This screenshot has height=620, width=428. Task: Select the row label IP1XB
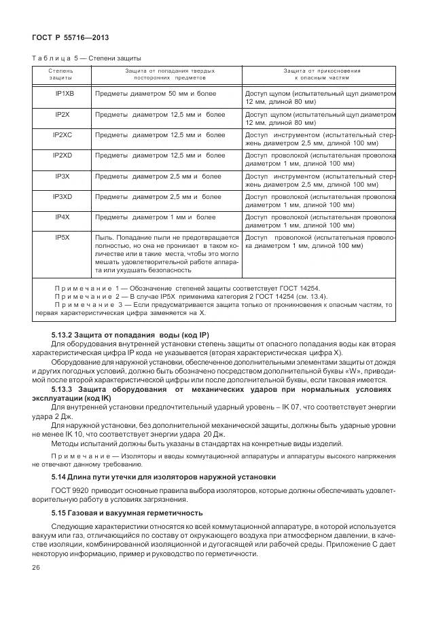pos(65,92)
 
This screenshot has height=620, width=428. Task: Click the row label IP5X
pos(63,238)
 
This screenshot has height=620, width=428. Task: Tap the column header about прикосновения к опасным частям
pos(321,74)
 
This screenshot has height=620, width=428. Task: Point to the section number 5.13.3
pos(69,390)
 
